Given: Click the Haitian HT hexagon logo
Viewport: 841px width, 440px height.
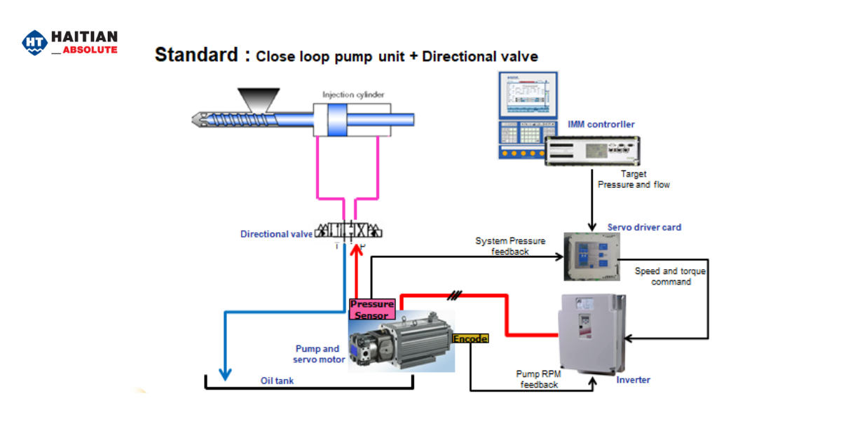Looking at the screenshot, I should pyautogui.click(x=34, y=43).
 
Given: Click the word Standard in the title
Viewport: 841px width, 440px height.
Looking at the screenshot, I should pyautogui.click(x=196, y=55).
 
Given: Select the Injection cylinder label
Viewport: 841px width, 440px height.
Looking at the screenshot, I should pyautogui.click(x=353, y=95).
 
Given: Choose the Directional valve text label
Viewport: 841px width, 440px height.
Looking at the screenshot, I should pyautogui.click(x=276, y=234).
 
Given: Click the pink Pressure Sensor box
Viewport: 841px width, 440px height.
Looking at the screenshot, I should pyautogui.click(x=372, y=310).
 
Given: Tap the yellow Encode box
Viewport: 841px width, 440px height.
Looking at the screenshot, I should pyautogui.click(x=470, y=338).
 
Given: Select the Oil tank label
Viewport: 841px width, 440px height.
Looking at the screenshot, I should pyautogui.click(x=278, y=381).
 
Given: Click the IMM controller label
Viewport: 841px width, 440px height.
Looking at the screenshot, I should pyautogui.click(x=601, y=124).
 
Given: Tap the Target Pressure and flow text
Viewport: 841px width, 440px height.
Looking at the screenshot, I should pyautogui.click(x=633, y=179).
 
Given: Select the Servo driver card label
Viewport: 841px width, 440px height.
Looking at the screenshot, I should pyautogui.click(x=644, y=227).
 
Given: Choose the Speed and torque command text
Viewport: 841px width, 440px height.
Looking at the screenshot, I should pyautogui.click(x=670, y=276).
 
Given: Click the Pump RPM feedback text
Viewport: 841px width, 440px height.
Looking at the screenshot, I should pyautogui.click(x=538, y=379).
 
